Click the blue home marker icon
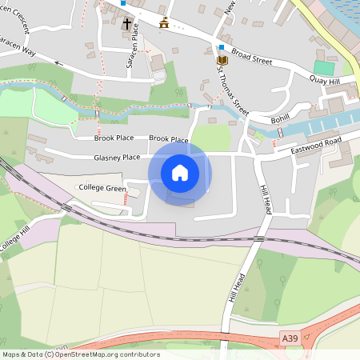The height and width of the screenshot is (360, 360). click(x=180, y=173)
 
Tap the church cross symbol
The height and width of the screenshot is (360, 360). click(x=127, y=25)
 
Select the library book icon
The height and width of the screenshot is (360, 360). click(x=222, y=60)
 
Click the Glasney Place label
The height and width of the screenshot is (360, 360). click(x=117, y=158)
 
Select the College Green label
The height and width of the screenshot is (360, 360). click(x=103, y=188)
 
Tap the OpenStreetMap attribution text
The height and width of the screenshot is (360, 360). click(x=81, y=354)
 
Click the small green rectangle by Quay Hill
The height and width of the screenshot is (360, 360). click(x=324, y=68)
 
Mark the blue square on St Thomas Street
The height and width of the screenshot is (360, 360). click(x=222, y=47)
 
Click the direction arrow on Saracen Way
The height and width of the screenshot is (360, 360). click(x=58, y=61)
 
